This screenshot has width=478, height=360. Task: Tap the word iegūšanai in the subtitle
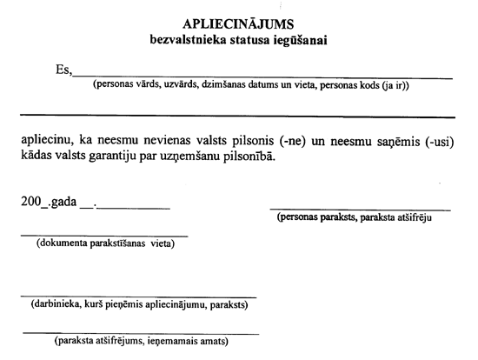[x=298, y=40]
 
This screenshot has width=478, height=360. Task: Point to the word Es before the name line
[x=63, y=71]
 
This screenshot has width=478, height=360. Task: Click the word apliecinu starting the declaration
[x=46, y=141]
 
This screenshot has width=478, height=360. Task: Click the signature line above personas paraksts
[x=360, y=210]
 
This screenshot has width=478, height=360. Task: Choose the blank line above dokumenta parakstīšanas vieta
[x=104, y=235]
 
